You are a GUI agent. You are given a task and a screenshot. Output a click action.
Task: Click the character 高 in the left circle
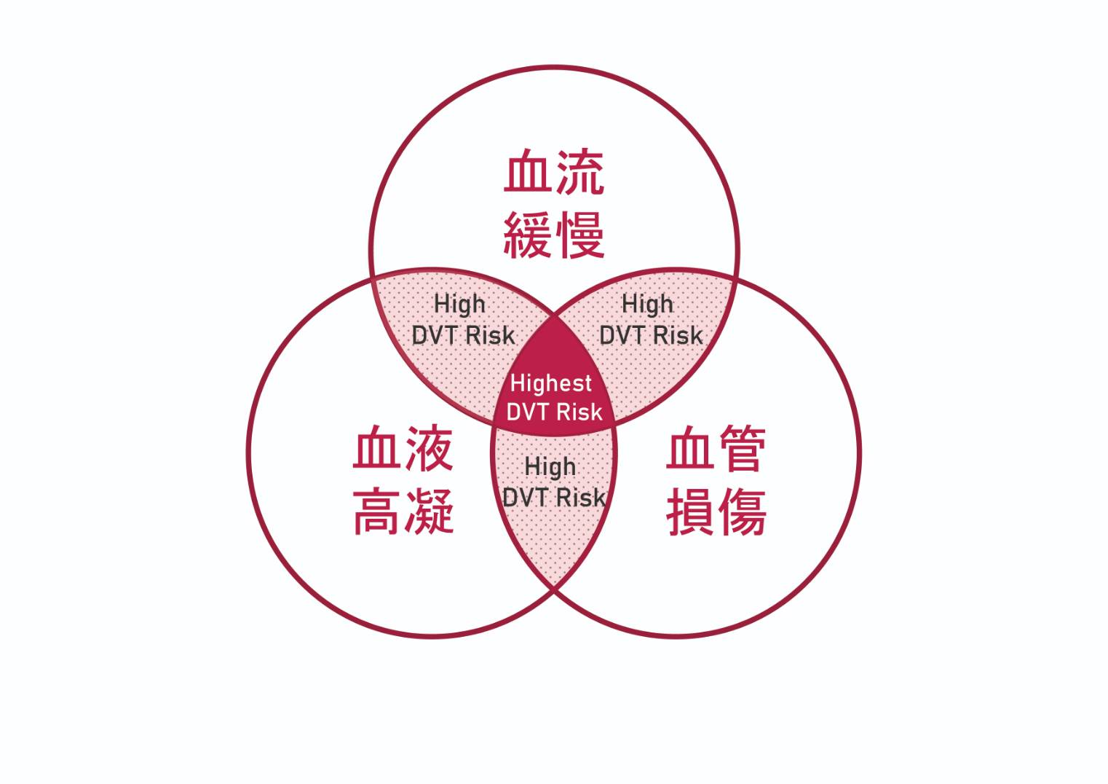tap(377, 511)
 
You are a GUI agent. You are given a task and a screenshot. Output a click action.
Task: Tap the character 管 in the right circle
tap(743, 448)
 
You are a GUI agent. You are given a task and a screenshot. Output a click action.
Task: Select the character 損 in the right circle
tap(691, 511)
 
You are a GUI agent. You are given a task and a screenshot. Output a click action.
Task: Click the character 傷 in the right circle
tap(743, 511)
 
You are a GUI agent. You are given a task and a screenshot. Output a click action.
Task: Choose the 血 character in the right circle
tap(691, 448)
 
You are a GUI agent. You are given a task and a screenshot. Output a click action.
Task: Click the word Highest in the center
tap(551, 383)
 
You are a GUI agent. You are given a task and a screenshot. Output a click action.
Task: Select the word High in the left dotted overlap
tap(460, 305)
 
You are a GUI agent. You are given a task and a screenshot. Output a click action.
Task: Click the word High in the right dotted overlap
tap(648, 305)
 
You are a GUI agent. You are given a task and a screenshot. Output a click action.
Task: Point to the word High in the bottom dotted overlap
tap(550, 467)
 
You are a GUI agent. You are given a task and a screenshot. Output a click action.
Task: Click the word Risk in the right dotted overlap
tap(678, 335)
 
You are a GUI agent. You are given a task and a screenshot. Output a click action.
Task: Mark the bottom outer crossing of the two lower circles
tap(555, 589)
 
